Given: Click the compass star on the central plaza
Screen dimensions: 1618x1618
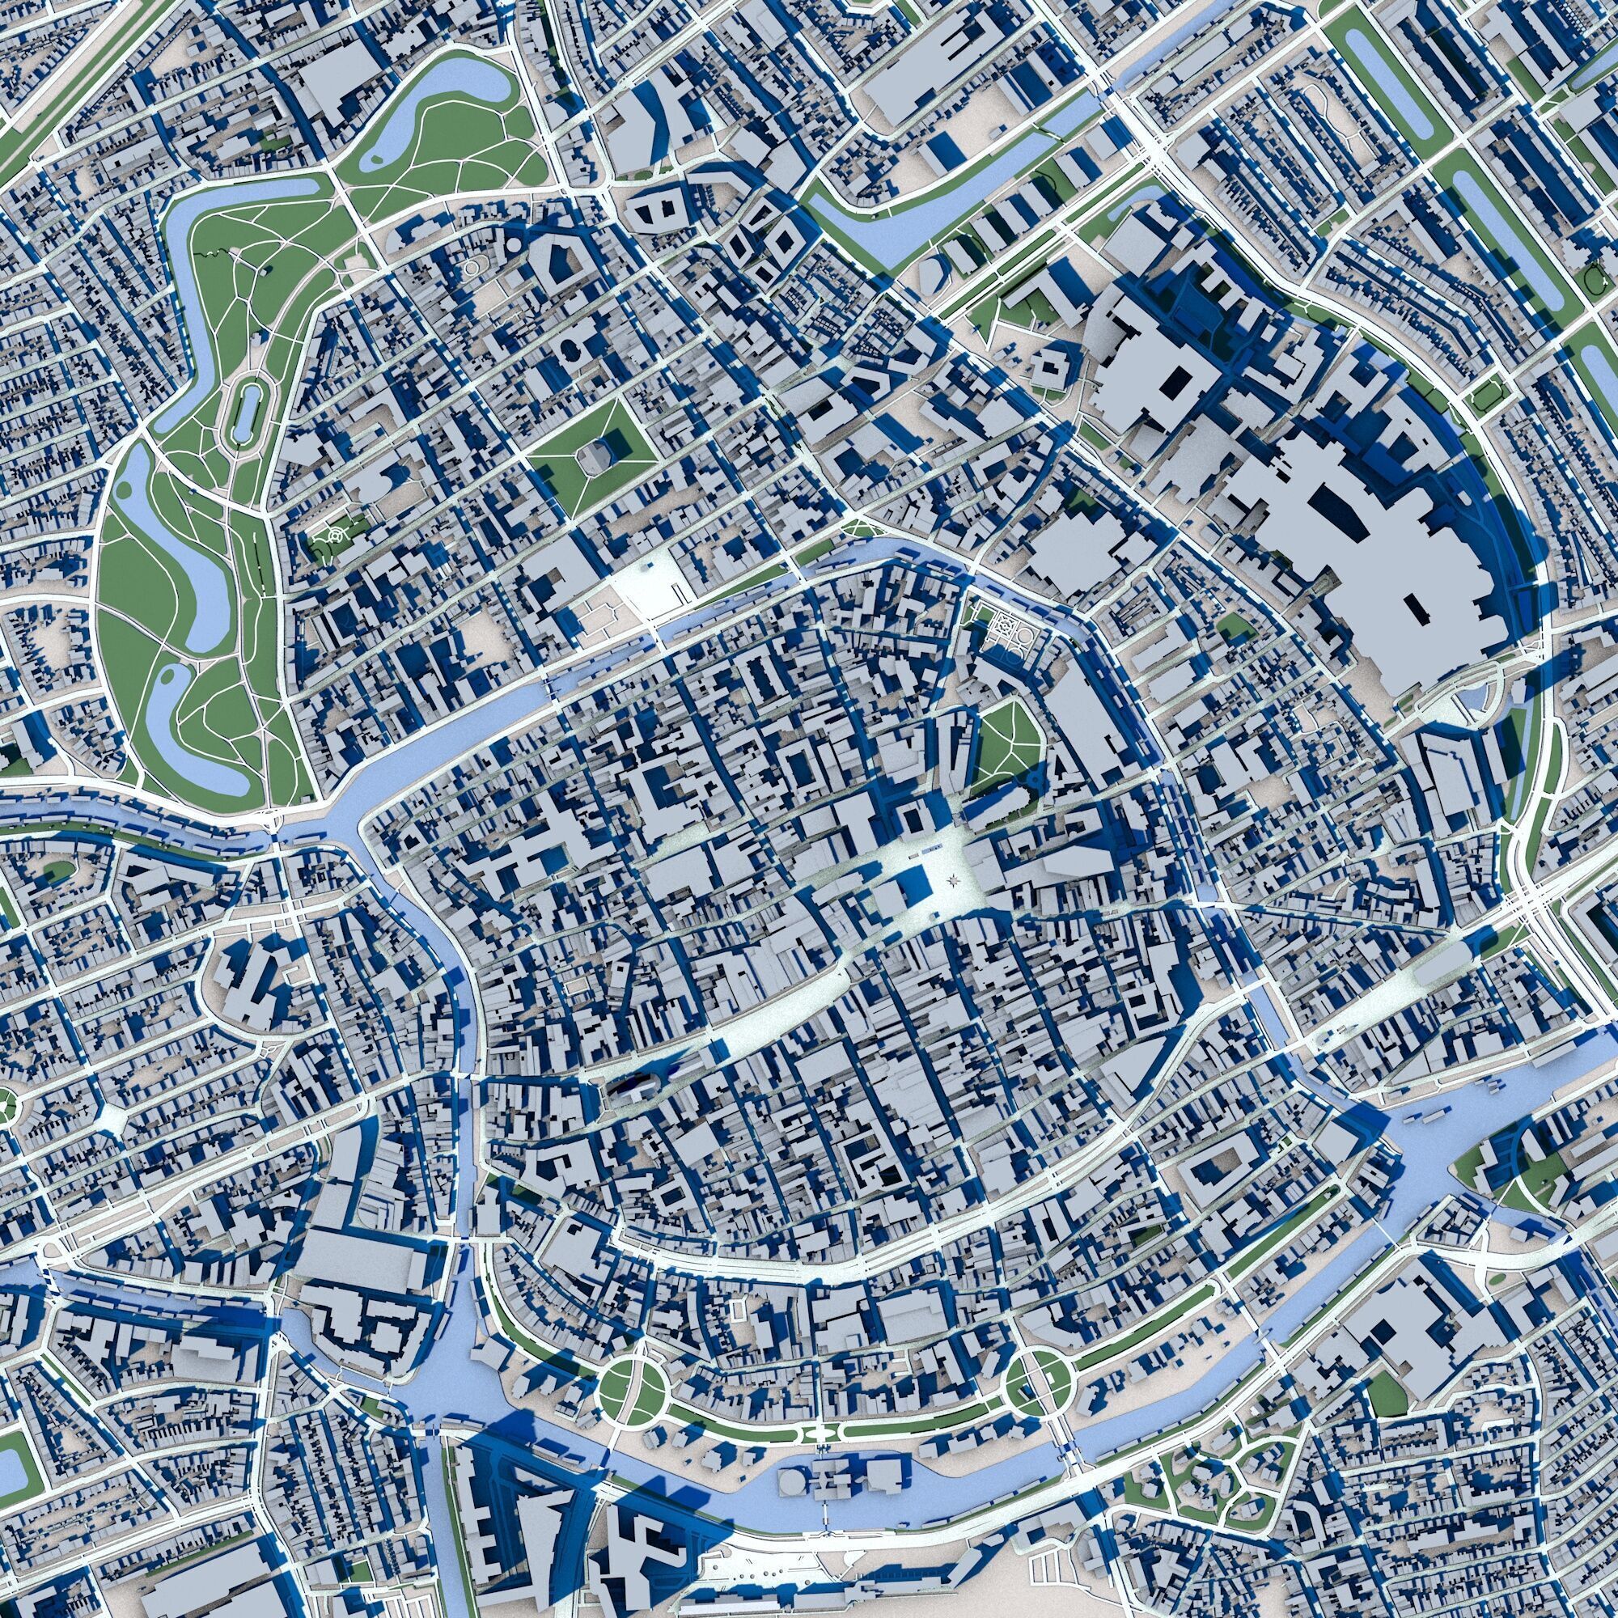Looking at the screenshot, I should [955, 880].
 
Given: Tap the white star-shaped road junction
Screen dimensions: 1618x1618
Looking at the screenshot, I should [112, 1116].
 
